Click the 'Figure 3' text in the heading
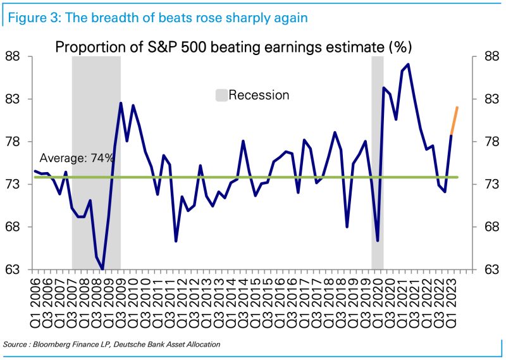point(32,18)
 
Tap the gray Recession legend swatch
point(221,96)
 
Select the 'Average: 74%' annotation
point(77,158)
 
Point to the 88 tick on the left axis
point(15,56)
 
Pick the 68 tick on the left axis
point(15,227)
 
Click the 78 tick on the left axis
point(15,142)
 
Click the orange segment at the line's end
point(454,121)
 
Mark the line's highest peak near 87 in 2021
point(409,65)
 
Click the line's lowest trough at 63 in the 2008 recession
point(102,269)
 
